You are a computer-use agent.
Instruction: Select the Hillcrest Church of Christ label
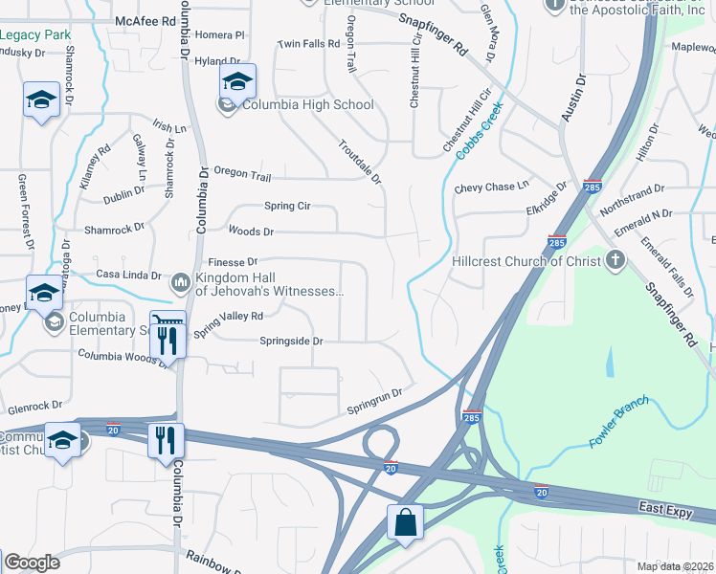526,260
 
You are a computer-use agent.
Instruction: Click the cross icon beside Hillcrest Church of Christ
615,260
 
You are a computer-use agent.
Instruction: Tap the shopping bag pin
404,523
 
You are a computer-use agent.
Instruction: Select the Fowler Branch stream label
619,422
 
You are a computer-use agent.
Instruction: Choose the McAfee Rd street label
145,20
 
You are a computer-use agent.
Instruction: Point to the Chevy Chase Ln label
491,188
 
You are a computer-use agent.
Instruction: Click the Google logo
31,563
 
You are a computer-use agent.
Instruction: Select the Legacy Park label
35,34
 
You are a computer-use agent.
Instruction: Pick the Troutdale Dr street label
360,162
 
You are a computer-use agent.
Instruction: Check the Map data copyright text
676,565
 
